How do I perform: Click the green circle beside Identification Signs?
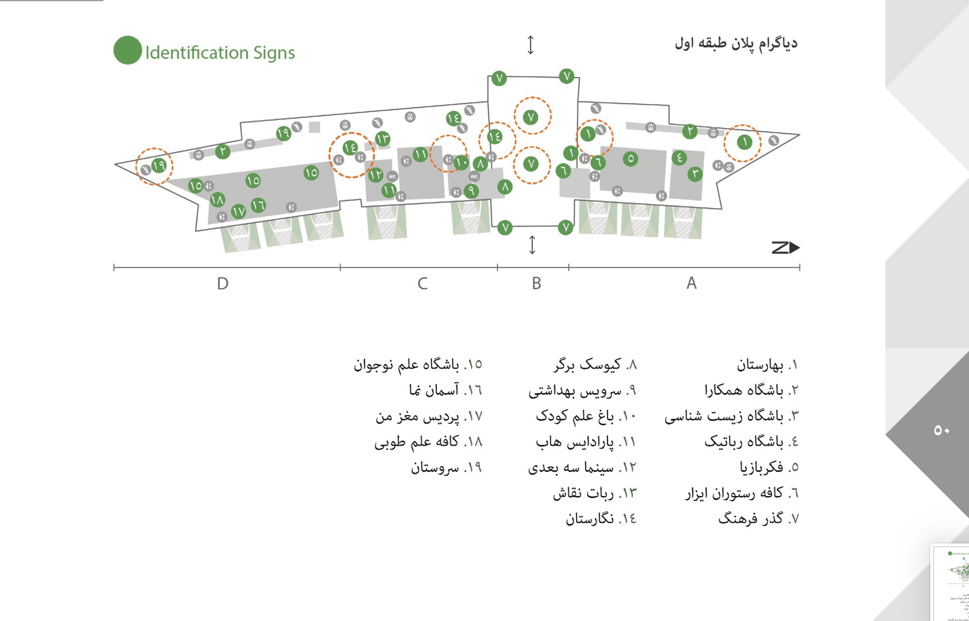coord(127,50)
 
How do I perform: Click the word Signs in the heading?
coord(273,53)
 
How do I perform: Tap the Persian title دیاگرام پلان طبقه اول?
coord(736,43)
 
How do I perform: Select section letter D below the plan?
coord(222,284)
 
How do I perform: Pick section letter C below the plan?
coord(423,284)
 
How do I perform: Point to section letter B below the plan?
coord(536,284)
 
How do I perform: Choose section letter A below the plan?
coord(691,283)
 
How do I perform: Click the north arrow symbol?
coord(785,248)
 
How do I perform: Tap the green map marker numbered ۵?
coord(630,159)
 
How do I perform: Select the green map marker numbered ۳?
coord(695,174)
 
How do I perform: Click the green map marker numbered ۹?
coord(471,191)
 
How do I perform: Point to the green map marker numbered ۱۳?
coord(382,139)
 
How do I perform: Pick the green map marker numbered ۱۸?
coord(217,199)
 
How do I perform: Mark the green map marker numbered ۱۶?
coord(258,206)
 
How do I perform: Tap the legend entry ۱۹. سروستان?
coord(446,468)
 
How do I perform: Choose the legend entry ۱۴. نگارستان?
coord(601,519)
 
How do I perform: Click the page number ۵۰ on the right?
coord(941,430)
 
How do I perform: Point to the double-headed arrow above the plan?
coord(531,45)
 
